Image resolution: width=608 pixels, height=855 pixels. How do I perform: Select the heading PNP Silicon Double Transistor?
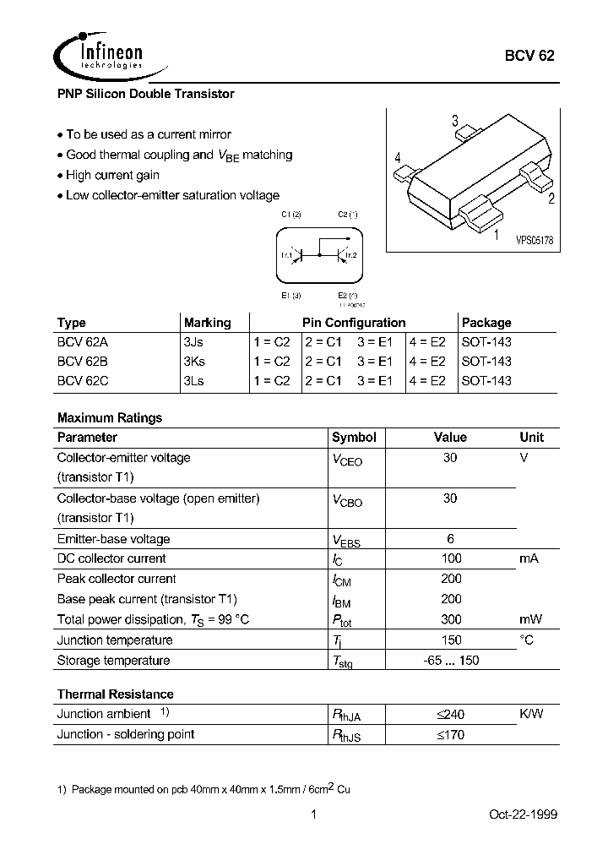pyautogui.click(x=145, y=95)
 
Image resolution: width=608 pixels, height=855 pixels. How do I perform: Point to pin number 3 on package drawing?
pyautogui.click(x=454, y=121)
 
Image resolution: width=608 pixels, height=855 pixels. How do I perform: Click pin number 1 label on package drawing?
pyautogui.click(x=496, y=236)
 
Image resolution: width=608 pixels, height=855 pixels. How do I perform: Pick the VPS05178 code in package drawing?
pyautogui.click(x=535, y=241)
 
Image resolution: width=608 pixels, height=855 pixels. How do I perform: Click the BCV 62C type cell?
pyautogui.click(x=84, y=380)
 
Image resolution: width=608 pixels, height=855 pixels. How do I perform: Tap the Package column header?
pyautogui.click(x=486, y=323)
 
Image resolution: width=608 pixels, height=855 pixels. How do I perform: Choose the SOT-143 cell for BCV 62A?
pyautogui.click(x=486, y=342)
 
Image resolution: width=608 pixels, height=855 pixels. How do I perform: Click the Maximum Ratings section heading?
pyautogui.click(x=109, y=417)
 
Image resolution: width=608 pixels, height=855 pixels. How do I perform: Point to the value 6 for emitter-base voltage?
pyautogui.click(x=450, y=539)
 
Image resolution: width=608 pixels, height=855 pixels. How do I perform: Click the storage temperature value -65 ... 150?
pyautogui.click(x=450, y=660)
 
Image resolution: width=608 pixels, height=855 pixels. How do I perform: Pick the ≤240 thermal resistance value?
pyautogui.click(x=450, y=715)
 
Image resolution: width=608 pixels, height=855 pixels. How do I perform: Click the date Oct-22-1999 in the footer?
pyautogui.click(x=523, y=814)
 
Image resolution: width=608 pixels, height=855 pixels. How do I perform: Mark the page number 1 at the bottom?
pyautogui.click(x=314, y=814)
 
